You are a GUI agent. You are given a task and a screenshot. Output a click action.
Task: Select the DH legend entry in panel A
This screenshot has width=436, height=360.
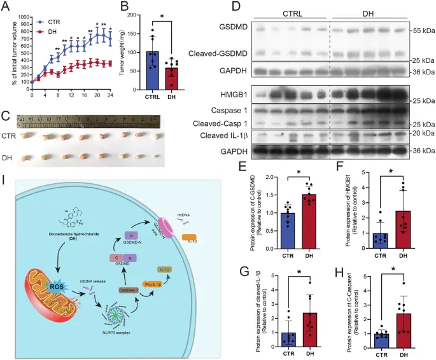tap(50, 29)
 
